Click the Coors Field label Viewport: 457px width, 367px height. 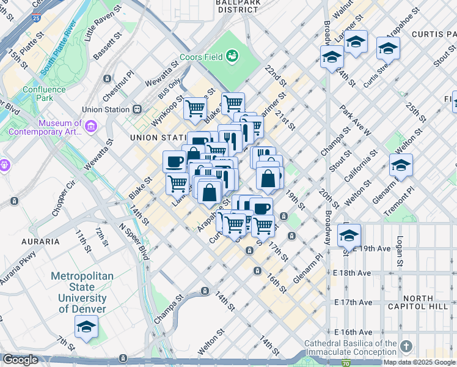point(200,62)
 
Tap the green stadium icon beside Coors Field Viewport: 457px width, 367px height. point(232,57)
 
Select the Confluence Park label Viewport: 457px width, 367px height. point(43,94)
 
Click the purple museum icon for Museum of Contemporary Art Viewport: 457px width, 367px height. point(91,127)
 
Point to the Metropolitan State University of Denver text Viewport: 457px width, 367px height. point(82,292)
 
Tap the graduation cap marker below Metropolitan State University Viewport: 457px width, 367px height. point(86,327)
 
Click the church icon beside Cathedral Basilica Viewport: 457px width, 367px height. point(406,347)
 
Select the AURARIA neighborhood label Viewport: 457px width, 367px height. point(40,242)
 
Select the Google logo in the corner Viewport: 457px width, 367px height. point(20,360)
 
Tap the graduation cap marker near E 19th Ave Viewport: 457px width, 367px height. point(349,235)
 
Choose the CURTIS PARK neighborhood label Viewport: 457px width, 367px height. point(434,35)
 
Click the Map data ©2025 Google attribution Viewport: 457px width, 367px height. point(419,362)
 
